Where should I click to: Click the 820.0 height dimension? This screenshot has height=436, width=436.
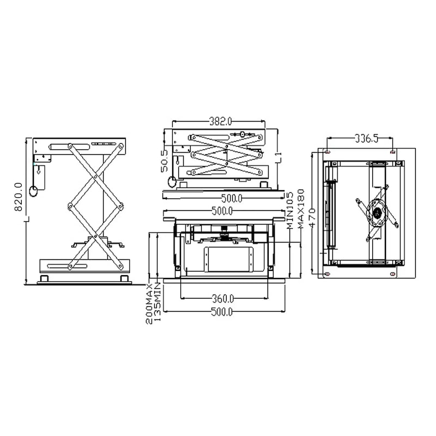(x=19, y=197)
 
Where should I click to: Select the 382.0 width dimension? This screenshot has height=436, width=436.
(x=220, y=122)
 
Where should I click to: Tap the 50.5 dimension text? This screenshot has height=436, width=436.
(x=165, y=161)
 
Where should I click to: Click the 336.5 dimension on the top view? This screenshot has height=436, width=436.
(x=366, y=138)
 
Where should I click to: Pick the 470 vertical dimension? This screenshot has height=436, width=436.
(x=312, y=217)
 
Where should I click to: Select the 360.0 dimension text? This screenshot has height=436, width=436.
(x=223, y=299)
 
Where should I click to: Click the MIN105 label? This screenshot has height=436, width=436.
(x=290, y=210)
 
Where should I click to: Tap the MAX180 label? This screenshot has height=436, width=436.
(x=301, y=209)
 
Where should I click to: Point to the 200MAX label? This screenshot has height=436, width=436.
(x=149, y=304)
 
